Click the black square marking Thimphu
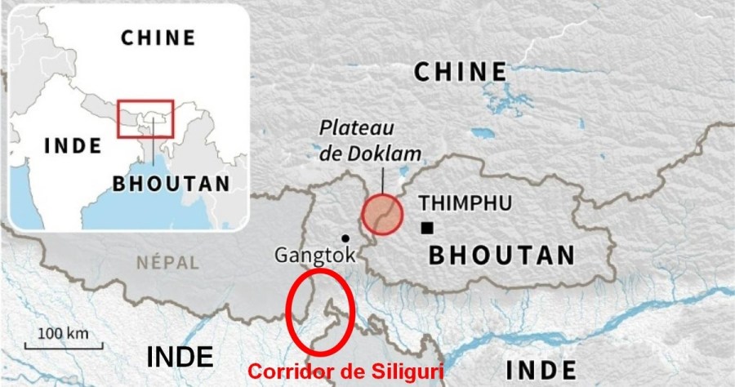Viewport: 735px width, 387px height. pos(428,228)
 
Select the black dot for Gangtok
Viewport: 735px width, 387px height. pos(345,238)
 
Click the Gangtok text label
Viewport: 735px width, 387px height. pos(315,256)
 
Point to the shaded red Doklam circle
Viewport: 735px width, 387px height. pos(381,214)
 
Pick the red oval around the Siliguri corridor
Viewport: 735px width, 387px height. pos(320,314)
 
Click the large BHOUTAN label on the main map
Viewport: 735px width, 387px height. pos(502,255)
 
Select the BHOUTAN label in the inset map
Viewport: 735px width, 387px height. pos(171,183)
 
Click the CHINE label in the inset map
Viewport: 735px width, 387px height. pos(158,38)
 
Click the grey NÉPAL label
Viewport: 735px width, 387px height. pos(169,263)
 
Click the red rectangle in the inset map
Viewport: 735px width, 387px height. pos(145,118)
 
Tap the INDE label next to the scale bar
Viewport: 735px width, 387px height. pos(180,356)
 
